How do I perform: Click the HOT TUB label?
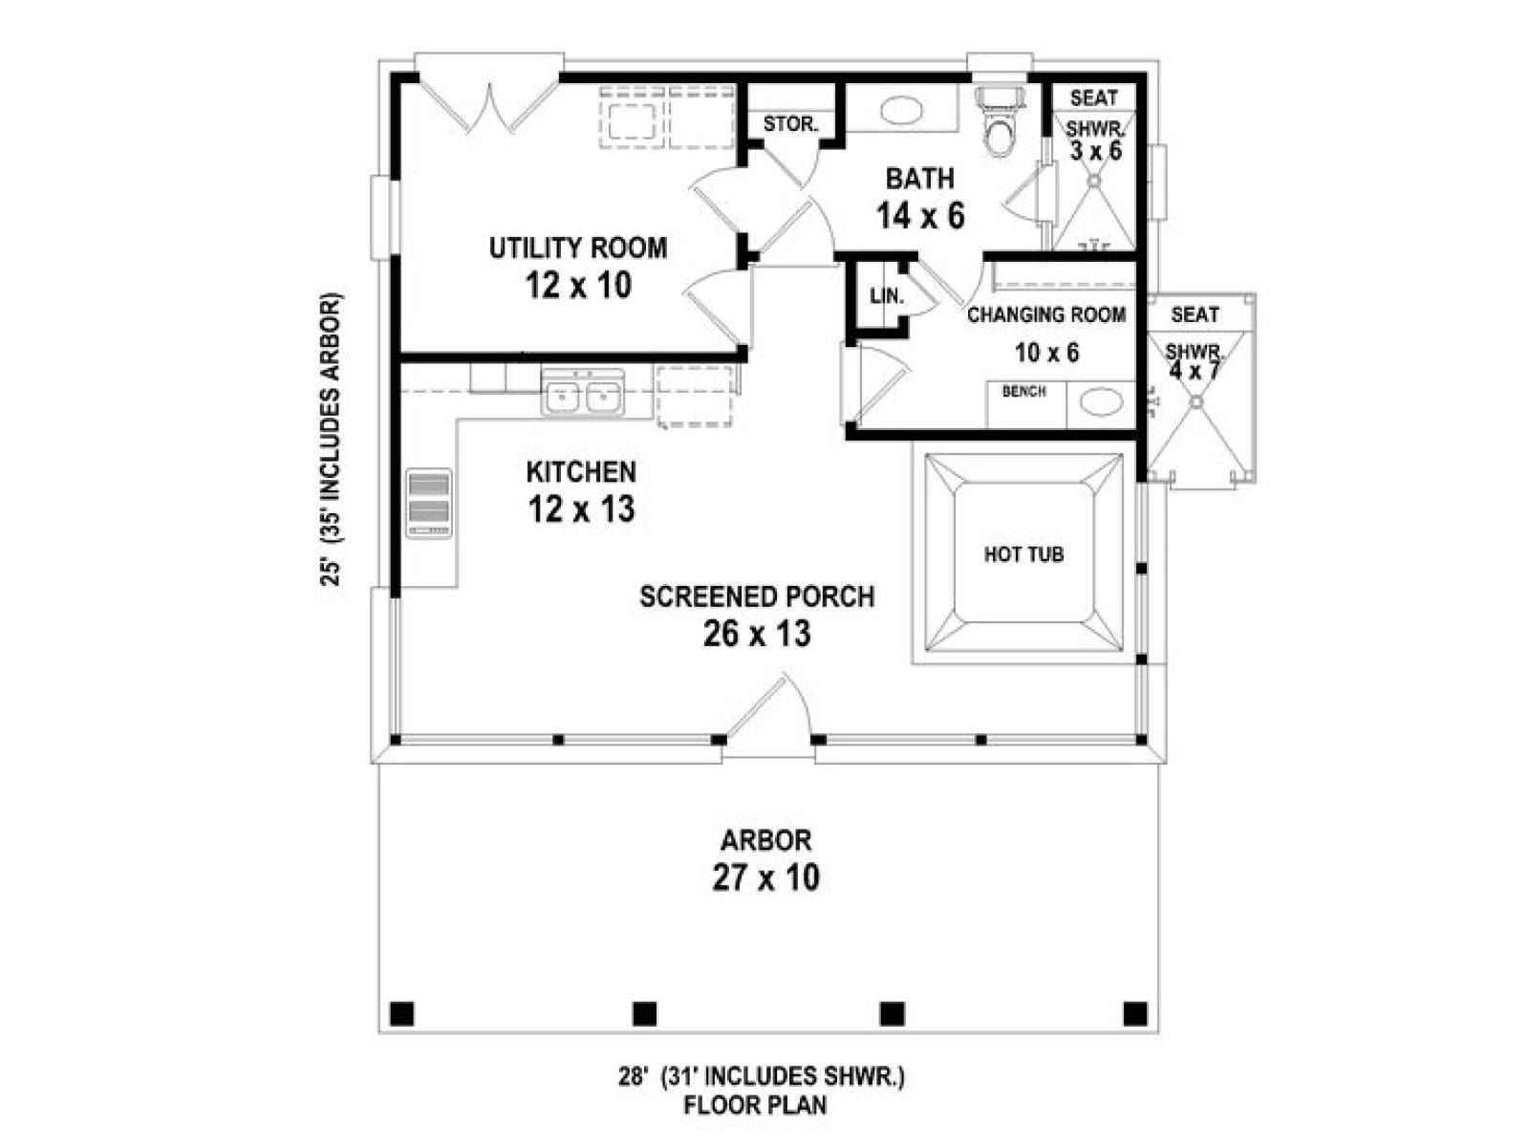coord(1023,554)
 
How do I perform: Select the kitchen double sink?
coord(582,394)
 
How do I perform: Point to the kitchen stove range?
coord(429,504)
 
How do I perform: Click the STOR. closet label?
coord(790,124)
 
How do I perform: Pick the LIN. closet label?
coord(887,296)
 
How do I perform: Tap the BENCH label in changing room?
coord(1024,391)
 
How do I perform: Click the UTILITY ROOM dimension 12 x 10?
coord(578,286)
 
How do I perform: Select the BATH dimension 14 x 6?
coord(920,216)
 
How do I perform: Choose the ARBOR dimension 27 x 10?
coord(765,877)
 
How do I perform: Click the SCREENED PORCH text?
coord(757,596)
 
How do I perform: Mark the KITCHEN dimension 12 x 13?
coord(581,509)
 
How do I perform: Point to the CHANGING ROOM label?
coord(1046,314)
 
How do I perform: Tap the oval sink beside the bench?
coord(1101,402)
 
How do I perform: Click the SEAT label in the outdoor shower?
coord(1195,314)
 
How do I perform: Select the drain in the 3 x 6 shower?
coord(1094,181)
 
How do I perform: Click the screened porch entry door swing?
coord(769,709)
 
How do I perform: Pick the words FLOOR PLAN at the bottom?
coord(755,1105)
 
